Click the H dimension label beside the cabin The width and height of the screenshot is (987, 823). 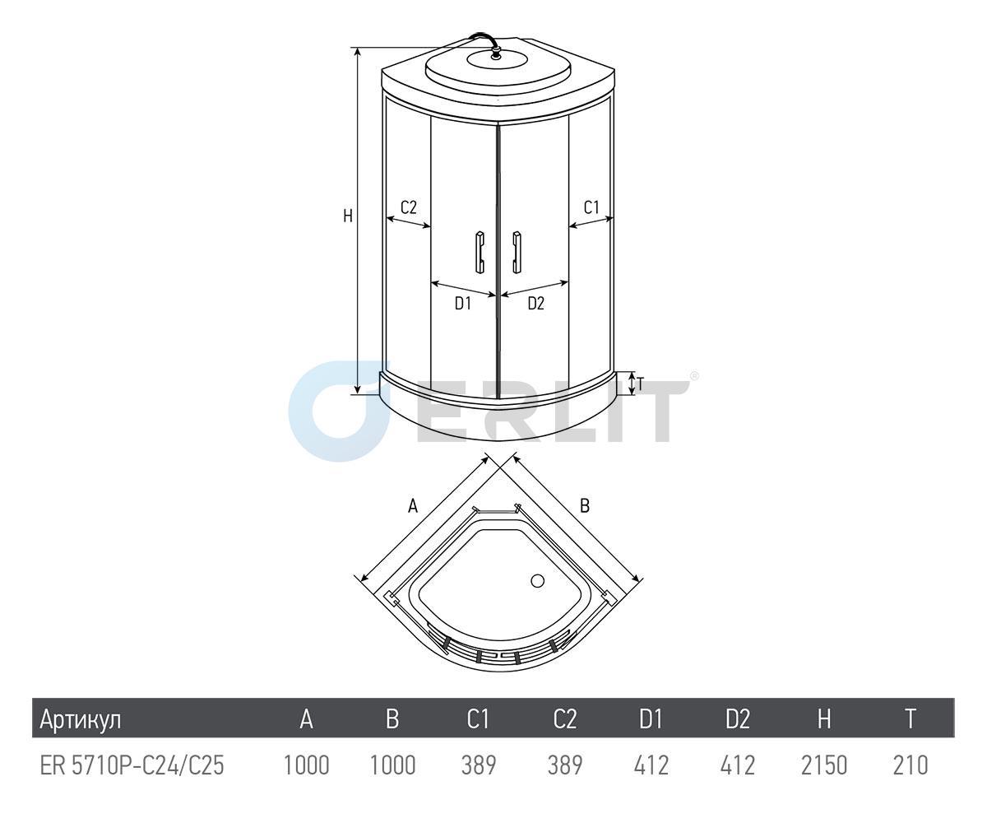348,216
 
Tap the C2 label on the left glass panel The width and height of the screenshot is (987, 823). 409,207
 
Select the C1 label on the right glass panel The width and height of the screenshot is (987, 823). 591,207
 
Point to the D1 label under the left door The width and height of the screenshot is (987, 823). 463,303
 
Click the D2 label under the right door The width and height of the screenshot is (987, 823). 536,303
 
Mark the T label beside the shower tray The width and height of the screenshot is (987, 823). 641,384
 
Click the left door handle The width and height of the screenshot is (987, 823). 480,252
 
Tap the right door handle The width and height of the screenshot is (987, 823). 517,252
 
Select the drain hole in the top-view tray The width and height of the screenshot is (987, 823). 537,581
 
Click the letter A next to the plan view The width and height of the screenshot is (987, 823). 413,507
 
